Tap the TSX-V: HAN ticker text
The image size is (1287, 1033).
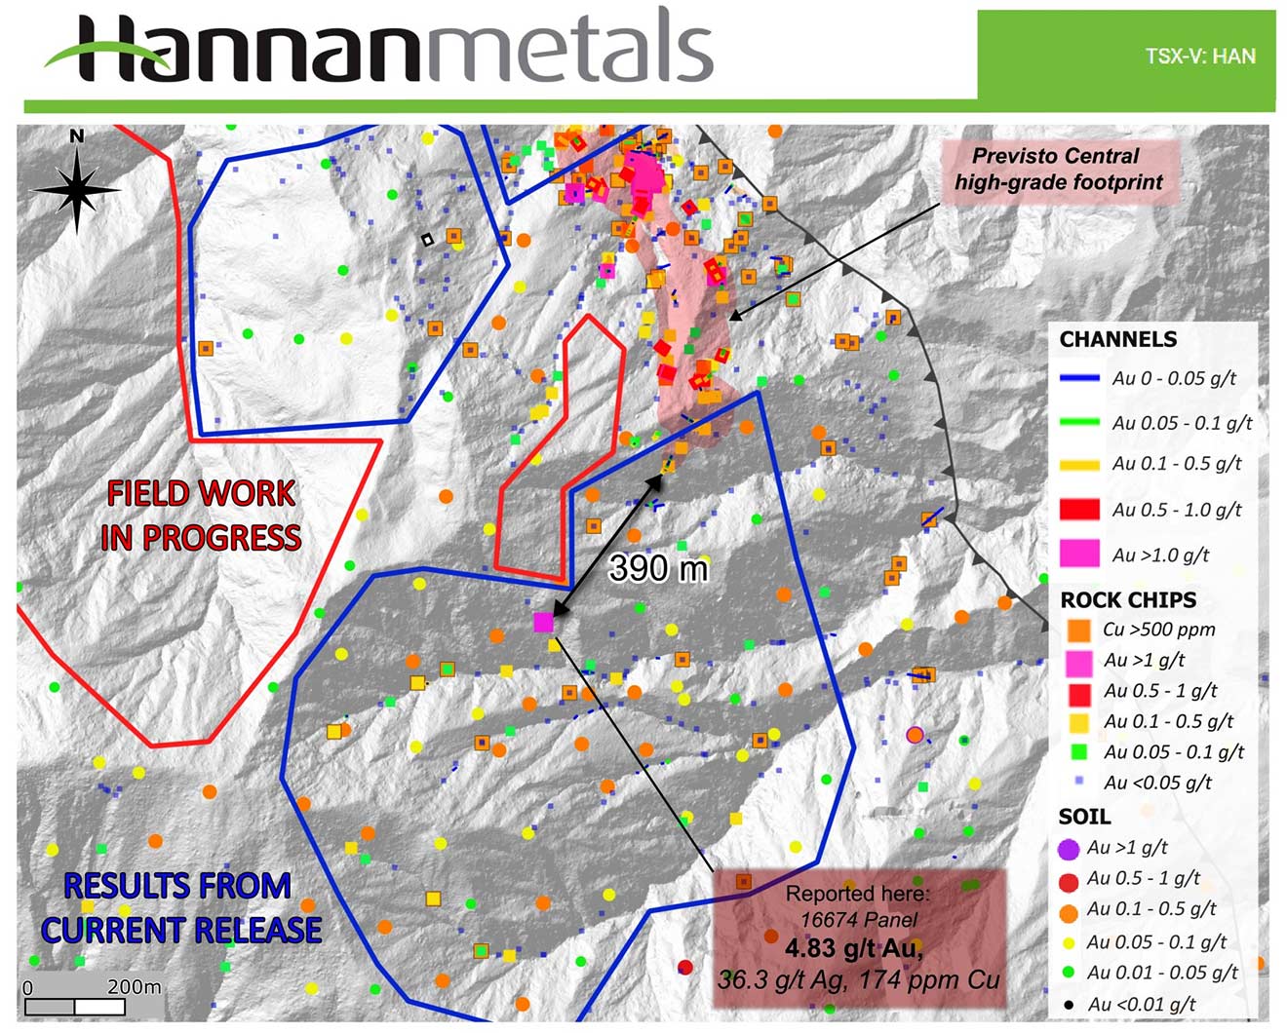click(x=1199, y=56)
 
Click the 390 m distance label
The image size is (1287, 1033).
click(x=658, y=567)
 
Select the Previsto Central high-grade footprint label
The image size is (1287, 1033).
click(x=1058, y=169)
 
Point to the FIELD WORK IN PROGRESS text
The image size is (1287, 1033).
click(x=201, y=516)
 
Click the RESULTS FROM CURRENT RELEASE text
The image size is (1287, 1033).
click(x=181, y=907)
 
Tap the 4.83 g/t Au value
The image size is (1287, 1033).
click(x=853, y=948)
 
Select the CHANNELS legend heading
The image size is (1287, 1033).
click(x=1118, y=339)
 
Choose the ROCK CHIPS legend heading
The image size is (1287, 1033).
click(x=1128, y=599)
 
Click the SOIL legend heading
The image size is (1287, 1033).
click(x=1084, y=817)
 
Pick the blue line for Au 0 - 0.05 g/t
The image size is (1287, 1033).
click(x=1078, y=378)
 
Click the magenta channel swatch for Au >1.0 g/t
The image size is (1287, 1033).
click(x=1078, y=554)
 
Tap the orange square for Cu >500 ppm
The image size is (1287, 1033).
click(x=1078, y=630)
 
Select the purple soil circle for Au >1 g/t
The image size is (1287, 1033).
click(x=1070, y=848)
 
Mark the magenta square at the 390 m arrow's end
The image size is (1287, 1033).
click(x=544, y=622)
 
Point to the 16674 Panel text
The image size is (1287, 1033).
click(x=858, y=919)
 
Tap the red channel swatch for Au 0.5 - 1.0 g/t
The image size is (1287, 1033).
click(x=1078, y=509)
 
